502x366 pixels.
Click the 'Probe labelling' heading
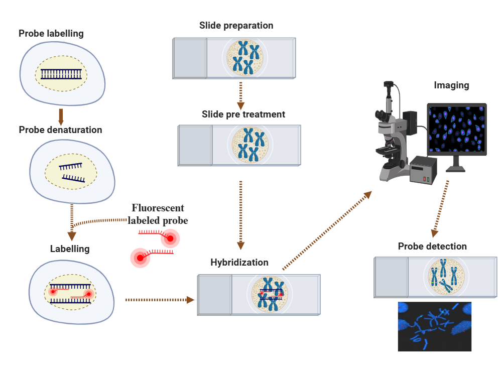point(51,34)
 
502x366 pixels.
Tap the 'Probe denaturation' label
point(60,130)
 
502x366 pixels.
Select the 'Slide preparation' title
point(236,25)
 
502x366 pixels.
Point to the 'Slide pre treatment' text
point(243,114)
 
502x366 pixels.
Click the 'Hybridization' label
point(239,263)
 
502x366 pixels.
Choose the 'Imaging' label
point(451,85)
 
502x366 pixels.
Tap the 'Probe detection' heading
point(432,247)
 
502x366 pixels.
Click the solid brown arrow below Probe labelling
point(61,116)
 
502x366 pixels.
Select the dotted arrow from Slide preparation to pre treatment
point(240,95)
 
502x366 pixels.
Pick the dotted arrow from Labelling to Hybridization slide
point(160,300)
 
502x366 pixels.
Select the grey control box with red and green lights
point(423,170)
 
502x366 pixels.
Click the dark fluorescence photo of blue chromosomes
point(434,326)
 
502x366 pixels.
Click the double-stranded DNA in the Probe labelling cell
point(61,74)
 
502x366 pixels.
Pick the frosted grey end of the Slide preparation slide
point(190,58)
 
